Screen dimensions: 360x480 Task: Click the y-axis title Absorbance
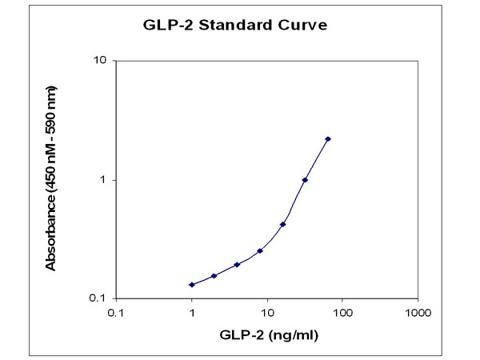click(x=50, y=179)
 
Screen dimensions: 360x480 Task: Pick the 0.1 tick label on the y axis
click(x=100, y=298)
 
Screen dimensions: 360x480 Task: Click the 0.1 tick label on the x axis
click(x=116, y=311)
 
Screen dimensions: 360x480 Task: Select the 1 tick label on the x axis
click(x=192, y=311)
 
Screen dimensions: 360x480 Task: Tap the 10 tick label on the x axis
click(x=267, y=311)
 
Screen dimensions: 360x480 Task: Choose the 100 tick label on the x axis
click(x=343, y=311)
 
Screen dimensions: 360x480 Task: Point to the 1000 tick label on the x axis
click(x=418, y=311)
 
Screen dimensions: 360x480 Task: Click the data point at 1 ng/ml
click(x=192, y=285)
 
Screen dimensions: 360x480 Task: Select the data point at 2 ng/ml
click(x=214, y=276)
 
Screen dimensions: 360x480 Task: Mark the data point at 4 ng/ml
click(x=238, y=265)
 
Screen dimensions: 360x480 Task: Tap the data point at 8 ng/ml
click(x=260, y=251)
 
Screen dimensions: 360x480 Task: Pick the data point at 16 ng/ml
click(x=283, y=225)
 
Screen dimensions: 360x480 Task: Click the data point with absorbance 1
click(x=305, y=180)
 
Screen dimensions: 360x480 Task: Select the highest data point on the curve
click(x=328, y=139)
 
